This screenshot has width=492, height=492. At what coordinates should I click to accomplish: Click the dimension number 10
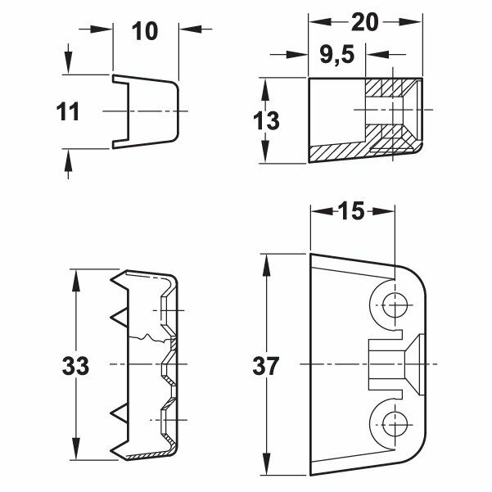point(145,32)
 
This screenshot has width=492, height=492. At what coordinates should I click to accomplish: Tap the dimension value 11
point(68,112)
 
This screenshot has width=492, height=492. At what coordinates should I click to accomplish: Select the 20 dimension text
point(365,22)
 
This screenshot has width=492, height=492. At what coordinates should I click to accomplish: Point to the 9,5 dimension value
point(337,55)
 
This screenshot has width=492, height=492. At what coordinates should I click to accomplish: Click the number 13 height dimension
point(266,120)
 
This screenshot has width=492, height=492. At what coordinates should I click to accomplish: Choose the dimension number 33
point(75,366)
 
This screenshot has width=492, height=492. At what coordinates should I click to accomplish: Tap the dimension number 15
point(351,210)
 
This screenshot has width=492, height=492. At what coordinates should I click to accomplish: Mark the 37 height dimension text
point(265,366)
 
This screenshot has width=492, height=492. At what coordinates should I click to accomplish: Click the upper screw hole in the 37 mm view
point(395,305)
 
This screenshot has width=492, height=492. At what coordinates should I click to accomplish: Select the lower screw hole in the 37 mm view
point(395,424)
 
